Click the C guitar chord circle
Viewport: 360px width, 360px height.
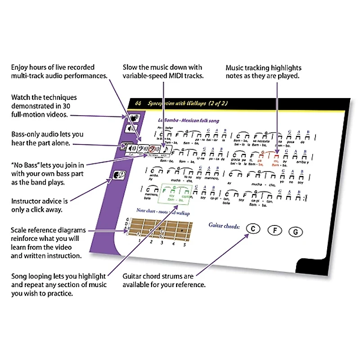(x=253, y=229)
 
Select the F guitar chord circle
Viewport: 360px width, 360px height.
(x=274, y=231)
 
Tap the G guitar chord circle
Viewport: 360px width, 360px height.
(x=296, y=232)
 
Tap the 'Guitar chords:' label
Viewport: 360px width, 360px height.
(x=224, y=225)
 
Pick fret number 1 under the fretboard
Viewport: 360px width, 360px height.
(x=140, y=240)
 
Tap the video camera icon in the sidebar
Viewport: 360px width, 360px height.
(x=134, y=117)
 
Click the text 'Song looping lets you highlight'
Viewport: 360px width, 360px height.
(x=58, y=276)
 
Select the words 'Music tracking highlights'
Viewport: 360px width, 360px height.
(x=263, y=67)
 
